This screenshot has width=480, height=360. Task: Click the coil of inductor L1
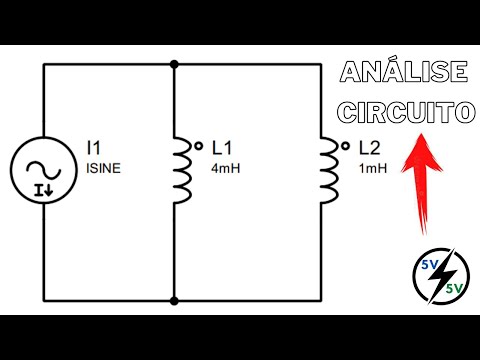[x=182, y=170]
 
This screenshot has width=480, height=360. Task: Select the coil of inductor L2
[x=327, y=170]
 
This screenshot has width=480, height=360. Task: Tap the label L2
[x=368, y=146]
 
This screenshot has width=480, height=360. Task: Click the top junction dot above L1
[x=176, y=63]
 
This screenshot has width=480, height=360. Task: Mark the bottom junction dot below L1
[x=176, y=299]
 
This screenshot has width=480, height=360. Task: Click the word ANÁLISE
[x=404, y=74]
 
